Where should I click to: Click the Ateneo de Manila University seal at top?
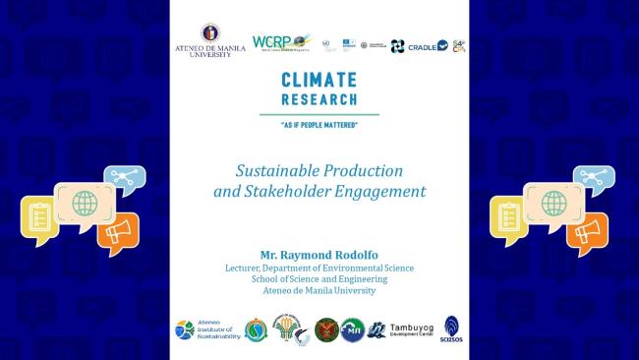[x=210, y=33]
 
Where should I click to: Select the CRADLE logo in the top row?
[x=427, y=45]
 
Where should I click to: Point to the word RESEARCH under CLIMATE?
[x=319, y=99]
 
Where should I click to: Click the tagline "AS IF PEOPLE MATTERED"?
[x=319, y=125]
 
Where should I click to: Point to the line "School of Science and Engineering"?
[x=319, y=278]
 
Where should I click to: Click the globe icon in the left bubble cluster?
[x=84, y=203]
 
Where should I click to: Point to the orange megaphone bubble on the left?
[x=117, y=232]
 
